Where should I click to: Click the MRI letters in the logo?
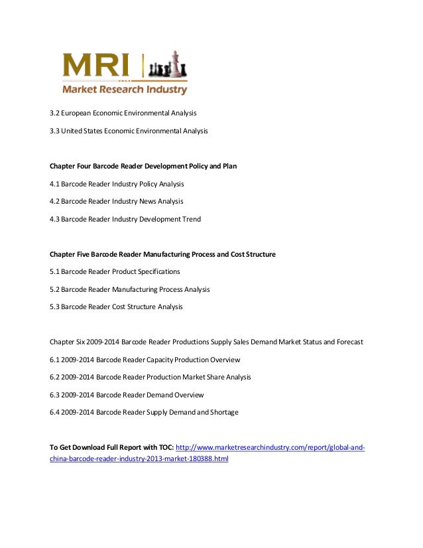coord(99,66)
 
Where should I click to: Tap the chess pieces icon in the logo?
coord(166,66)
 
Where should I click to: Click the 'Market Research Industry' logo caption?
coord(125,90)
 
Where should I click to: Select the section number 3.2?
coord(55,112)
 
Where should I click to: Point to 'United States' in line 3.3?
coord(83,131)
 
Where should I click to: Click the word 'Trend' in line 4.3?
coord(190,219)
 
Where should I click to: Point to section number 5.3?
coord(55,307)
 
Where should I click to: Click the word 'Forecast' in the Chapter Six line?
coord(347,342)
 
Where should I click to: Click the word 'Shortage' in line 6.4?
coord(223,412)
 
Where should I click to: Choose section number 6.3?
coord(55,395)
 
